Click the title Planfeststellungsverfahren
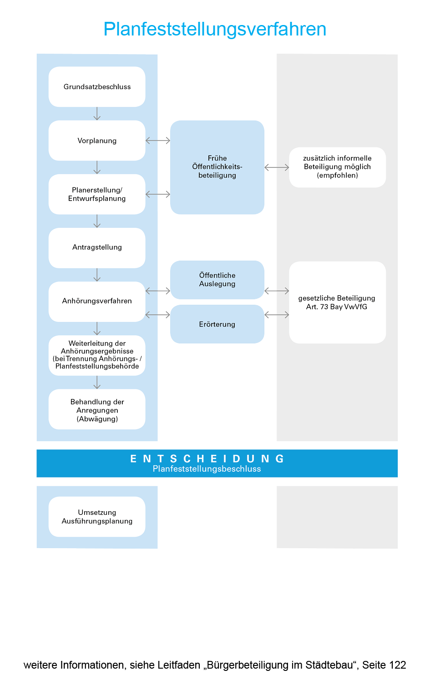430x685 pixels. tap(215, 29)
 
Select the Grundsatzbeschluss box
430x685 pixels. tap(97, 87)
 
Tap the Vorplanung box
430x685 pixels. tap(97, 141)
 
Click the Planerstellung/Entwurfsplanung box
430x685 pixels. tap(97, 194)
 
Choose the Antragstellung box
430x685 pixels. tap(97, 247)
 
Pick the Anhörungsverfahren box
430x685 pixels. tap(97, 301)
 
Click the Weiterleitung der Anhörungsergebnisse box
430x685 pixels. tap(97, 355)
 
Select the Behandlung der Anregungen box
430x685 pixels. tap(97, 409)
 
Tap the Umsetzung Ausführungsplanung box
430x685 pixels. tap(97, 517)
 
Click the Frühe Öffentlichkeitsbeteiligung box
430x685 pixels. tap(217, 167)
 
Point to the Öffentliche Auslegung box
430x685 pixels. tap(217, 280)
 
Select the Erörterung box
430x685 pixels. tap(217, 324)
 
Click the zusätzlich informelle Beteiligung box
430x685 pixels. tap(337, 167)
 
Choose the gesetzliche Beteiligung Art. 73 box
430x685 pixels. tap(337, 302)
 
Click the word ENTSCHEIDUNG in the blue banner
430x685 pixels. tap(207, 458)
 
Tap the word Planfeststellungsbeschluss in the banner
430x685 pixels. tap(207, 469)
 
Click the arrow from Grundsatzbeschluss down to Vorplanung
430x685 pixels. tap(97, 114)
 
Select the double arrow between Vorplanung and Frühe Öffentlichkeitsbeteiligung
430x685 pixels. tap(158, 141)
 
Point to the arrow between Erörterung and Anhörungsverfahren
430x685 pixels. tap(158, 315)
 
